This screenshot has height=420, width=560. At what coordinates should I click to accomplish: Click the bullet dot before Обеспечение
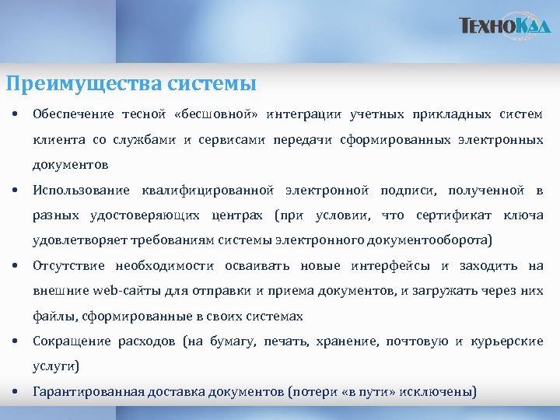coord(15,114)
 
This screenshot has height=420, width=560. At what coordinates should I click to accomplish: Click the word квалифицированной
coord(208,191)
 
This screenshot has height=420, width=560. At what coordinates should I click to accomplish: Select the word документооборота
coord(436,240)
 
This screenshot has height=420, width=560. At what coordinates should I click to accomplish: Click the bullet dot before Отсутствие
coord(15,266)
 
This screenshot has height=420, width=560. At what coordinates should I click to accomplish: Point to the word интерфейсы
coord(396,266)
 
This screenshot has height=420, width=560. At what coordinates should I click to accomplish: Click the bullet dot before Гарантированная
coord(15,391)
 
